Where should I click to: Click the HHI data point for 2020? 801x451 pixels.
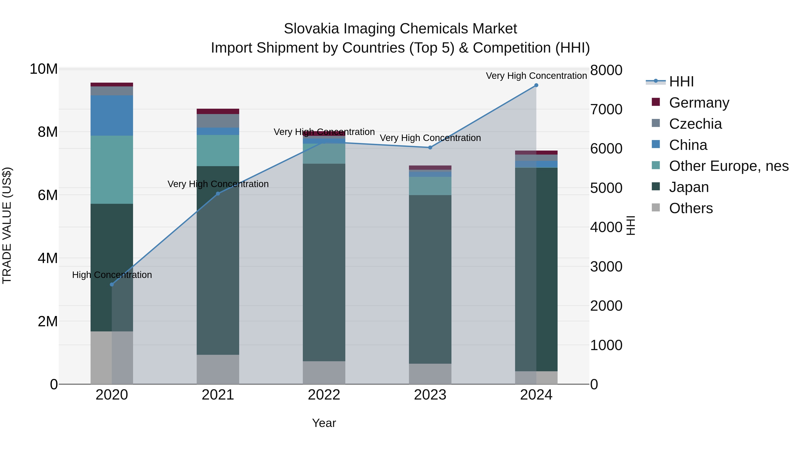[x=112, y=284]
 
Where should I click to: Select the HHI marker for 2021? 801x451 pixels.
[x=218, y=194]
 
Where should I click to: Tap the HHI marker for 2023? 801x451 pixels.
[x=430, y=147]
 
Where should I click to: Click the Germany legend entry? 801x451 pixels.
[x=699, y=103]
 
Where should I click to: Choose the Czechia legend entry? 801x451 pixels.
[x=695, y=124]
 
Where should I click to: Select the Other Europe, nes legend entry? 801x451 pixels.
[x=728, y=166]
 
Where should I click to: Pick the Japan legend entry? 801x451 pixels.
[x=689, y=187]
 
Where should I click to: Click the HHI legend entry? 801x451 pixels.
[x=681, y=82]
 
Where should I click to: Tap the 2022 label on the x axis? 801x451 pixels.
[x=324, y=395]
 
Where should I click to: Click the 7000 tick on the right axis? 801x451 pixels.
[x=606, y=110]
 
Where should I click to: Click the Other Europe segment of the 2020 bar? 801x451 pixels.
[x=112, y=170]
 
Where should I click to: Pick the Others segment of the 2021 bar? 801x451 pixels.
[x=218, y=369]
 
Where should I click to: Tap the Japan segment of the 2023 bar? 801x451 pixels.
[x=430, y=279]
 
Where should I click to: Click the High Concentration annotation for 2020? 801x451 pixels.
[x=112, y=275]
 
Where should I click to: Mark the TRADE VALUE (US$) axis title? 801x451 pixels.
[x=7, y=225]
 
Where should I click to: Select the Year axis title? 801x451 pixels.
[x=324, y=423]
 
